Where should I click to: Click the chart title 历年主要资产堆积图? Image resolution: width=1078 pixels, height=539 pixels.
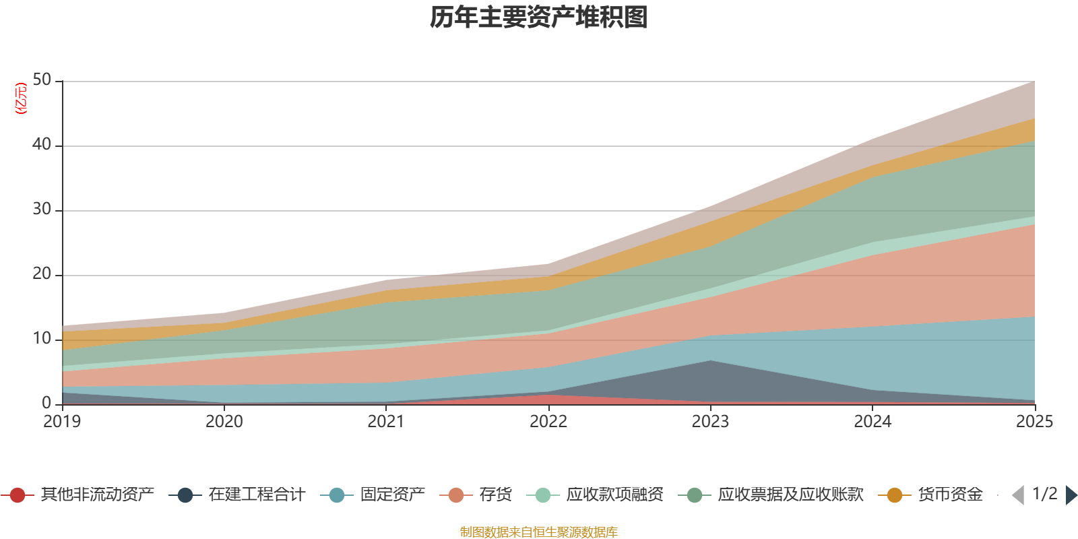pyautogui.click(x=539, y=18)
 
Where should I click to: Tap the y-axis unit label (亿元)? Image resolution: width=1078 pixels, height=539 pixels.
pyautogui.click(x=21, y=98)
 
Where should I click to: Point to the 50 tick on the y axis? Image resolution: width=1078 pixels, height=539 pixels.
pyautogui.click(x=42, y=80)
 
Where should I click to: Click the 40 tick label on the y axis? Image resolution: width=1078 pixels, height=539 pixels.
pyautogui.click(x=42, y=144)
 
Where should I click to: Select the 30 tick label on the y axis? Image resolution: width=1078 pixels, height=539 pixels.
pyautogui.click(x=42, y=210)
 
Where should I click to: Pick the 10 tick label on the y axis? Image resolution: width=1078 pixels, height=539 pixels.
pyautogui.click(x=42, y=339)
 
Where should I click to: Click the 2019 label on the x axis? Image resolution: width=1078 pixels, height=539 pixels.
pyautogui.click(x=62, y=422)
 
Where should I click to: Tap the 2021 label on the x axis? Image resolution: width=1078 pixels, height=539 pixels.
pyautogui.click(x=386, y=422)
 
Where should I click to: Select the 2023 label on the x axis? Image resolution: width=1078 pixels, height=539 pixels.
pyautogui.click(x=710, y=422)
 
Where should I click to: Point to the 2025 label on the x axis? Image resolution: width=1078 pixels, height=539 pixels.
pyautogui.click(x=1034, y=422)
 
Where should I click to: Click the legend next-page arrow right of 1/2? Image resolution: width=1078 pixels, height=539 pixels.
pyautogui.click(x=1071, y=495)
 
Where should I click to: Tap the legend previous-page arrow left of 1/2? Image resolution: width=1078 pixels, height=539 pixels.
pyautogui.click(x=1018, y=495)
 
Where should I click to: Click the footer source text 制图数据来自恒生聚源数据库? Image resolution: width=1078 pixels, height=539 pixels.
pyautogui.click(x=539, y=532)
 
